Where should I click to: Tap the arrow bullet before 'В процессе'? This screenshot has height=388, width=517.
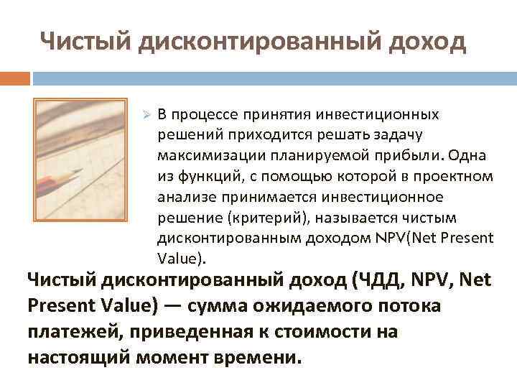point(144,115)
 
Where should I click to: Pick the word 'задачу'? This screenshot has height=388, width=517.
point(407,134)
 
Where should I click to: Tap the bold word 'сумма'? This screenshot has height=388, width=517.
point(215,305)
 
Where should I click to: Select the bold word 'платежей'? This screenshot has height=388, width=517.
point(62,332)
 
